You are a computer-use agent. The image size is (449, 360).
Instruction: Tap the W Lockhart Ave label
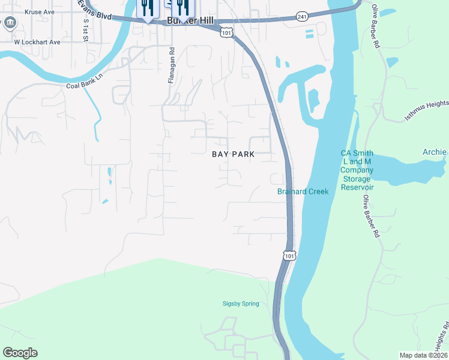pos(38,43)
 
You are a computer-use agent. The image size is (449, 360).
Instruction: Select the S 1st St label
pos(86,29)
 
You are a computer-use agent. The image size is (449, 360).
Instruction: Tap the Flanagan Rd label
pos(171,66)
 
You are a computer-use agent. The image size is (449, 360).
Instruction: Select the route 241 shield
pos(302,17)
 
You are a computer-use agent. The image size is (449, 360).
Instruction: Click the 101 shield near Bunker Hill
pos(226,32)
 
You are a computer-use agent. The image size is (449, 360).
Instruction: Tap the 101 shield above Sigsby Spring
pos(289,256)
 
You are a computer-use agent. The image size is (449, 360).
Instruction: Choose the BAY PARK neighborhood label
pos(234,154)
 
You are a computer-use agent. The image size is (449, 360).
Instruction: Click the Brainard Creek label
pos(303,191)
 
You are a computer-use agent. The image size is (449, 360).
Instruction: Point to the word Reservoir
pos(357,187)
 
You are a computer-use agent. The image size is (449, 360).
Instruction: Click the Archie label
pos(434,152)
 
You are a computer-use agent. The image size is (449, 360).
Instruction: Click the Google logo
pos(19,353)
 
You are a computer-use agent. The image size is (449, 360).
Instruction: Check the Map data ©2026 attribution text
pos(423,355)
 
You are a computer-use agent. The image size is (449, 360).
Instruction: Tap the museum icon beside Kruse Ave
pos(10,23)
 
